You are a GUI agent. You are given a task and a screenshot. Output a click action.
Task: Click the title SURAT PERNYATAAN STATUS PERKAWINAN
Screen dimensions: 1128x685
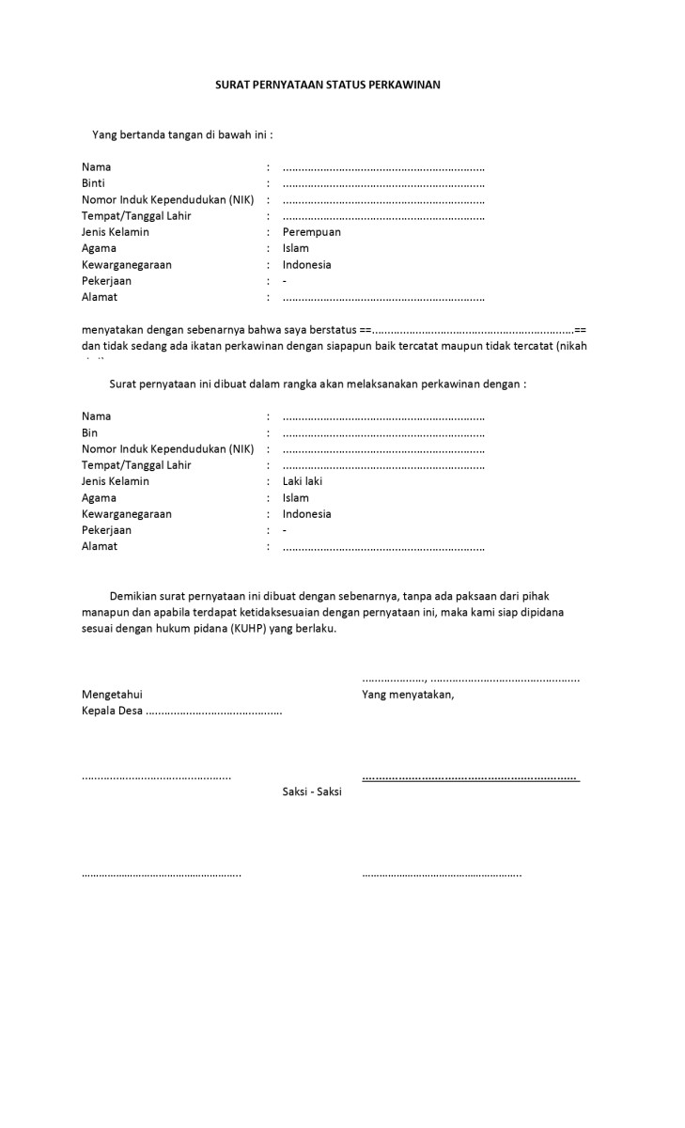tap(328, 85)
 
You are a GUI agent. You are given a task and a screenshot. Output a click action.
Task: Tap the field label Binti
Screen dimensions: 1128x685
tap(93, 183)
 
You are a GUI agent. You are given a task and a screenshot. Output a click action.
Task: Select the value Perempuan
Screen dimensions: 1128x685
tap(311, 232)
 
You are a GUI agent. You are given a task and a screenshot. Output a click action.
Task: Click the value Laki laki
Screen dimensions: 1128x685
tap(302, 481)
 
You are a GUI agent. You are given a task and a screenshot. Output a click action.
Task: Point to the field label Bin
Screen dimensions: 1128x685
tap(89, 432)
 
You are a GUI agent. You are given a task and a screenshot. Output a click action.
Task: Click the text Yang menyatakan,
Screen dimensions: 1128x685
tap(408, 695)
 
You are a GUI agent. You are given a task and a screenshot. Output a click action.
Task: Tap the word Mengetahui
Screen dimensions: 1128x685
tap(112, 695)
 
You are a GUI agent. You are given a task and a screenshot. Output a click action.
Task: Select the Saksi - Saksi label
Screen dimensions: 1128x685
tap(312, 791)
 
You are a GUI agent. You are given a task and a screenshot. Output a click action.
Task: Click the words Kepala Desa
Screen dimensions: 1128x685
tap(112, 711)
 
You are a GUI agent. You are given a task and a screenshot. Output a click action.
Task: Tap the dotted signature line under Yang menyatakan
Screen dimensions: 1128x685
tap(470, 777)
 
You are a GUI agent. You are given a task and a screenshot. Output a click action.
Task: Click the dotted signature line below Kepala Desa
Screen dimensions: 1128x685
tap(156, 777)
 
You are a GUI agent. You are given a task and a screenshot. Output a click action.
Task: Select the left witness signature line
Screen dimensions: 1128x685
tap(161, 874)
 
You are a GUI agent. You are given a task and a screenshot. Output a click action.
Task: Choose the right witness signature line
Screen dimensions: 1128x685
tap(442, 874)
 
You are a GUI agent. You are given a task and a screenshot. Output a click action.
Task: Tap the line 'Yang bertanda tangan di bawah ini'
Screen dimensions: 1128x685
tap(182, 134)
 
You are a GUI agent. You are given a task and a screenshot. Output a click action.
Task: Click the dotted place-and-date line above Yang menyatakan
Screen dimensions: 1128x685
tap(470, 678)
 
